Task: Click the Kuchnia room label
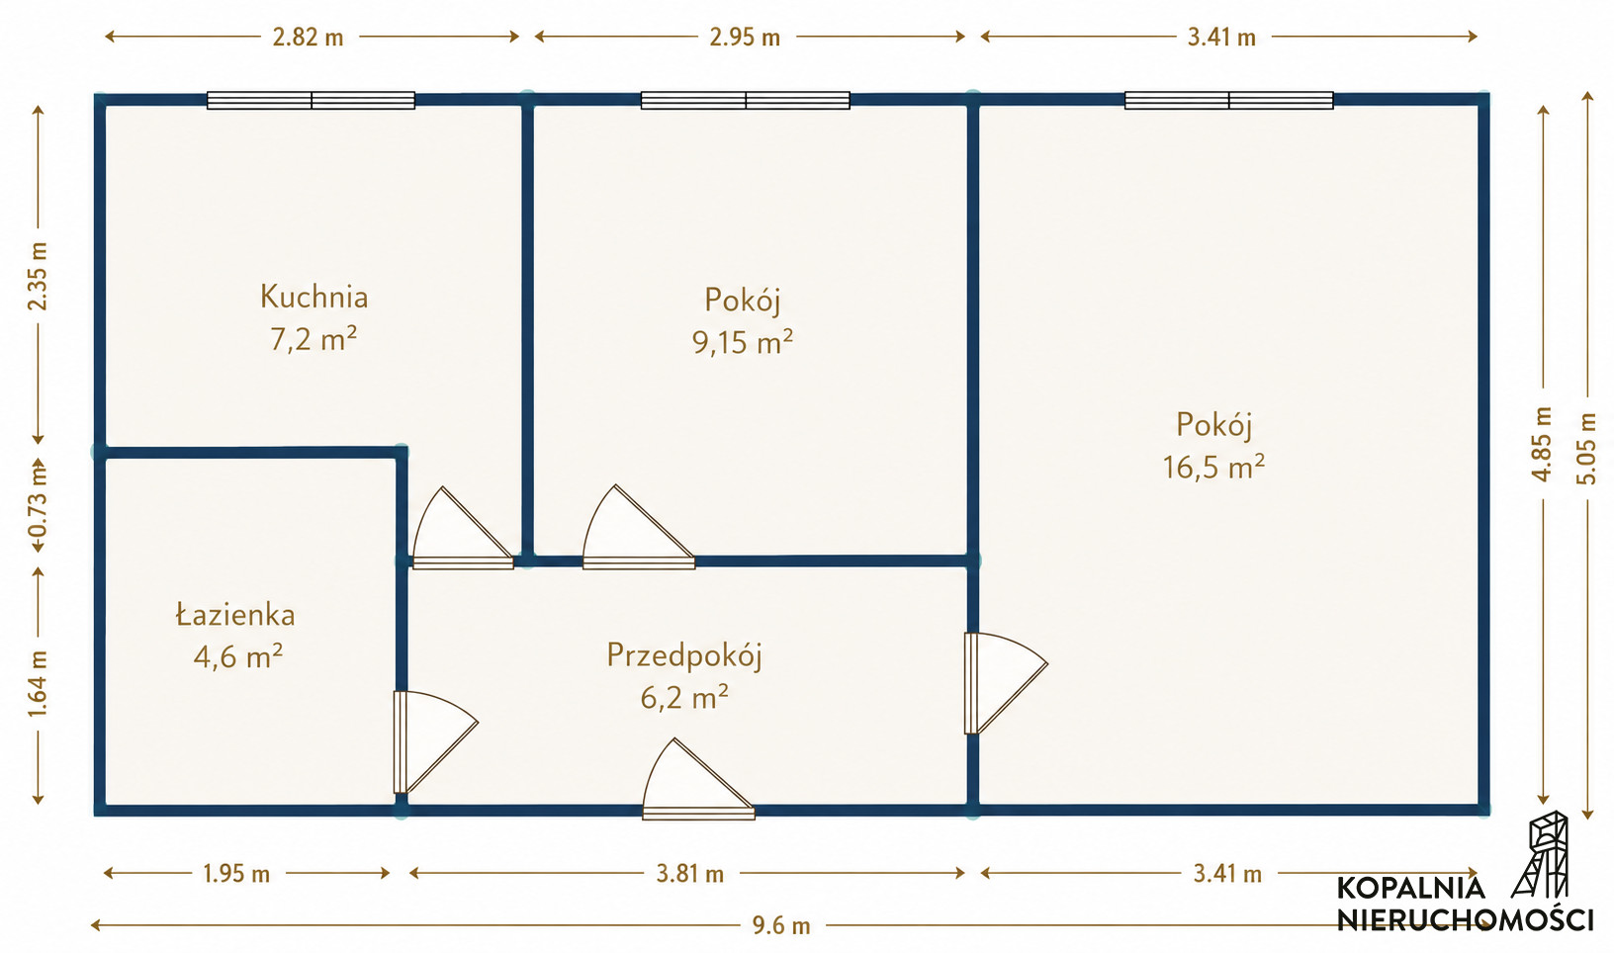pyautogui.click(x=314, y=297)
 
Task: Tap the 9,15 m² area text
pyautogui.click(x=743, y=341)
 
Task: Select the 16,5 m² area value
pyautogui.click(x=1214, y=467)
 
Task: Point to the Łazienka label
pyautogui.click(x=235, y=615)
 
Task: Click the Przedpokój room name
pyautogui.click(x=684, y=655)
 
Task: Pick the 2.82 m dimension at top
pyautogui.click(x=308, y=37)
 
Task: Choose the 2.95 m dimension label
pyautogui.click(x=745, y=37)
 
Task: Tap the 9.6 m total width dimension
pyautogui.click(x=781, y=925)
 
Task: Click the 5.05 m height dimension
pyautogui.click(x=1586, y=448)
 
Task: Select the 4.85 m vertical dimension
pyautogui.click(x=1542, y=445)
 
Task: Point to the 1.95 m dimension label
pyautogui.click(x=236, y=874)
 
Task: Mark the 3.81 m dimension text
pyautogui.click(x=689, y=874)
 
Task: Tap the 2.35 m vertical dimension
pyautogui.click(x=39, y=277)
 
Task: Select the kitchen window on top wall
pyautogui.click(x=312, y=100)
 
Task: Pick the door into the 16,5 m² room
pyautogui.click(x=1005, y=683)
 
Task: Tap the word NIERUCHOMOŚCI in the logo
pyautogui.click(x=1465, y=919)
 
